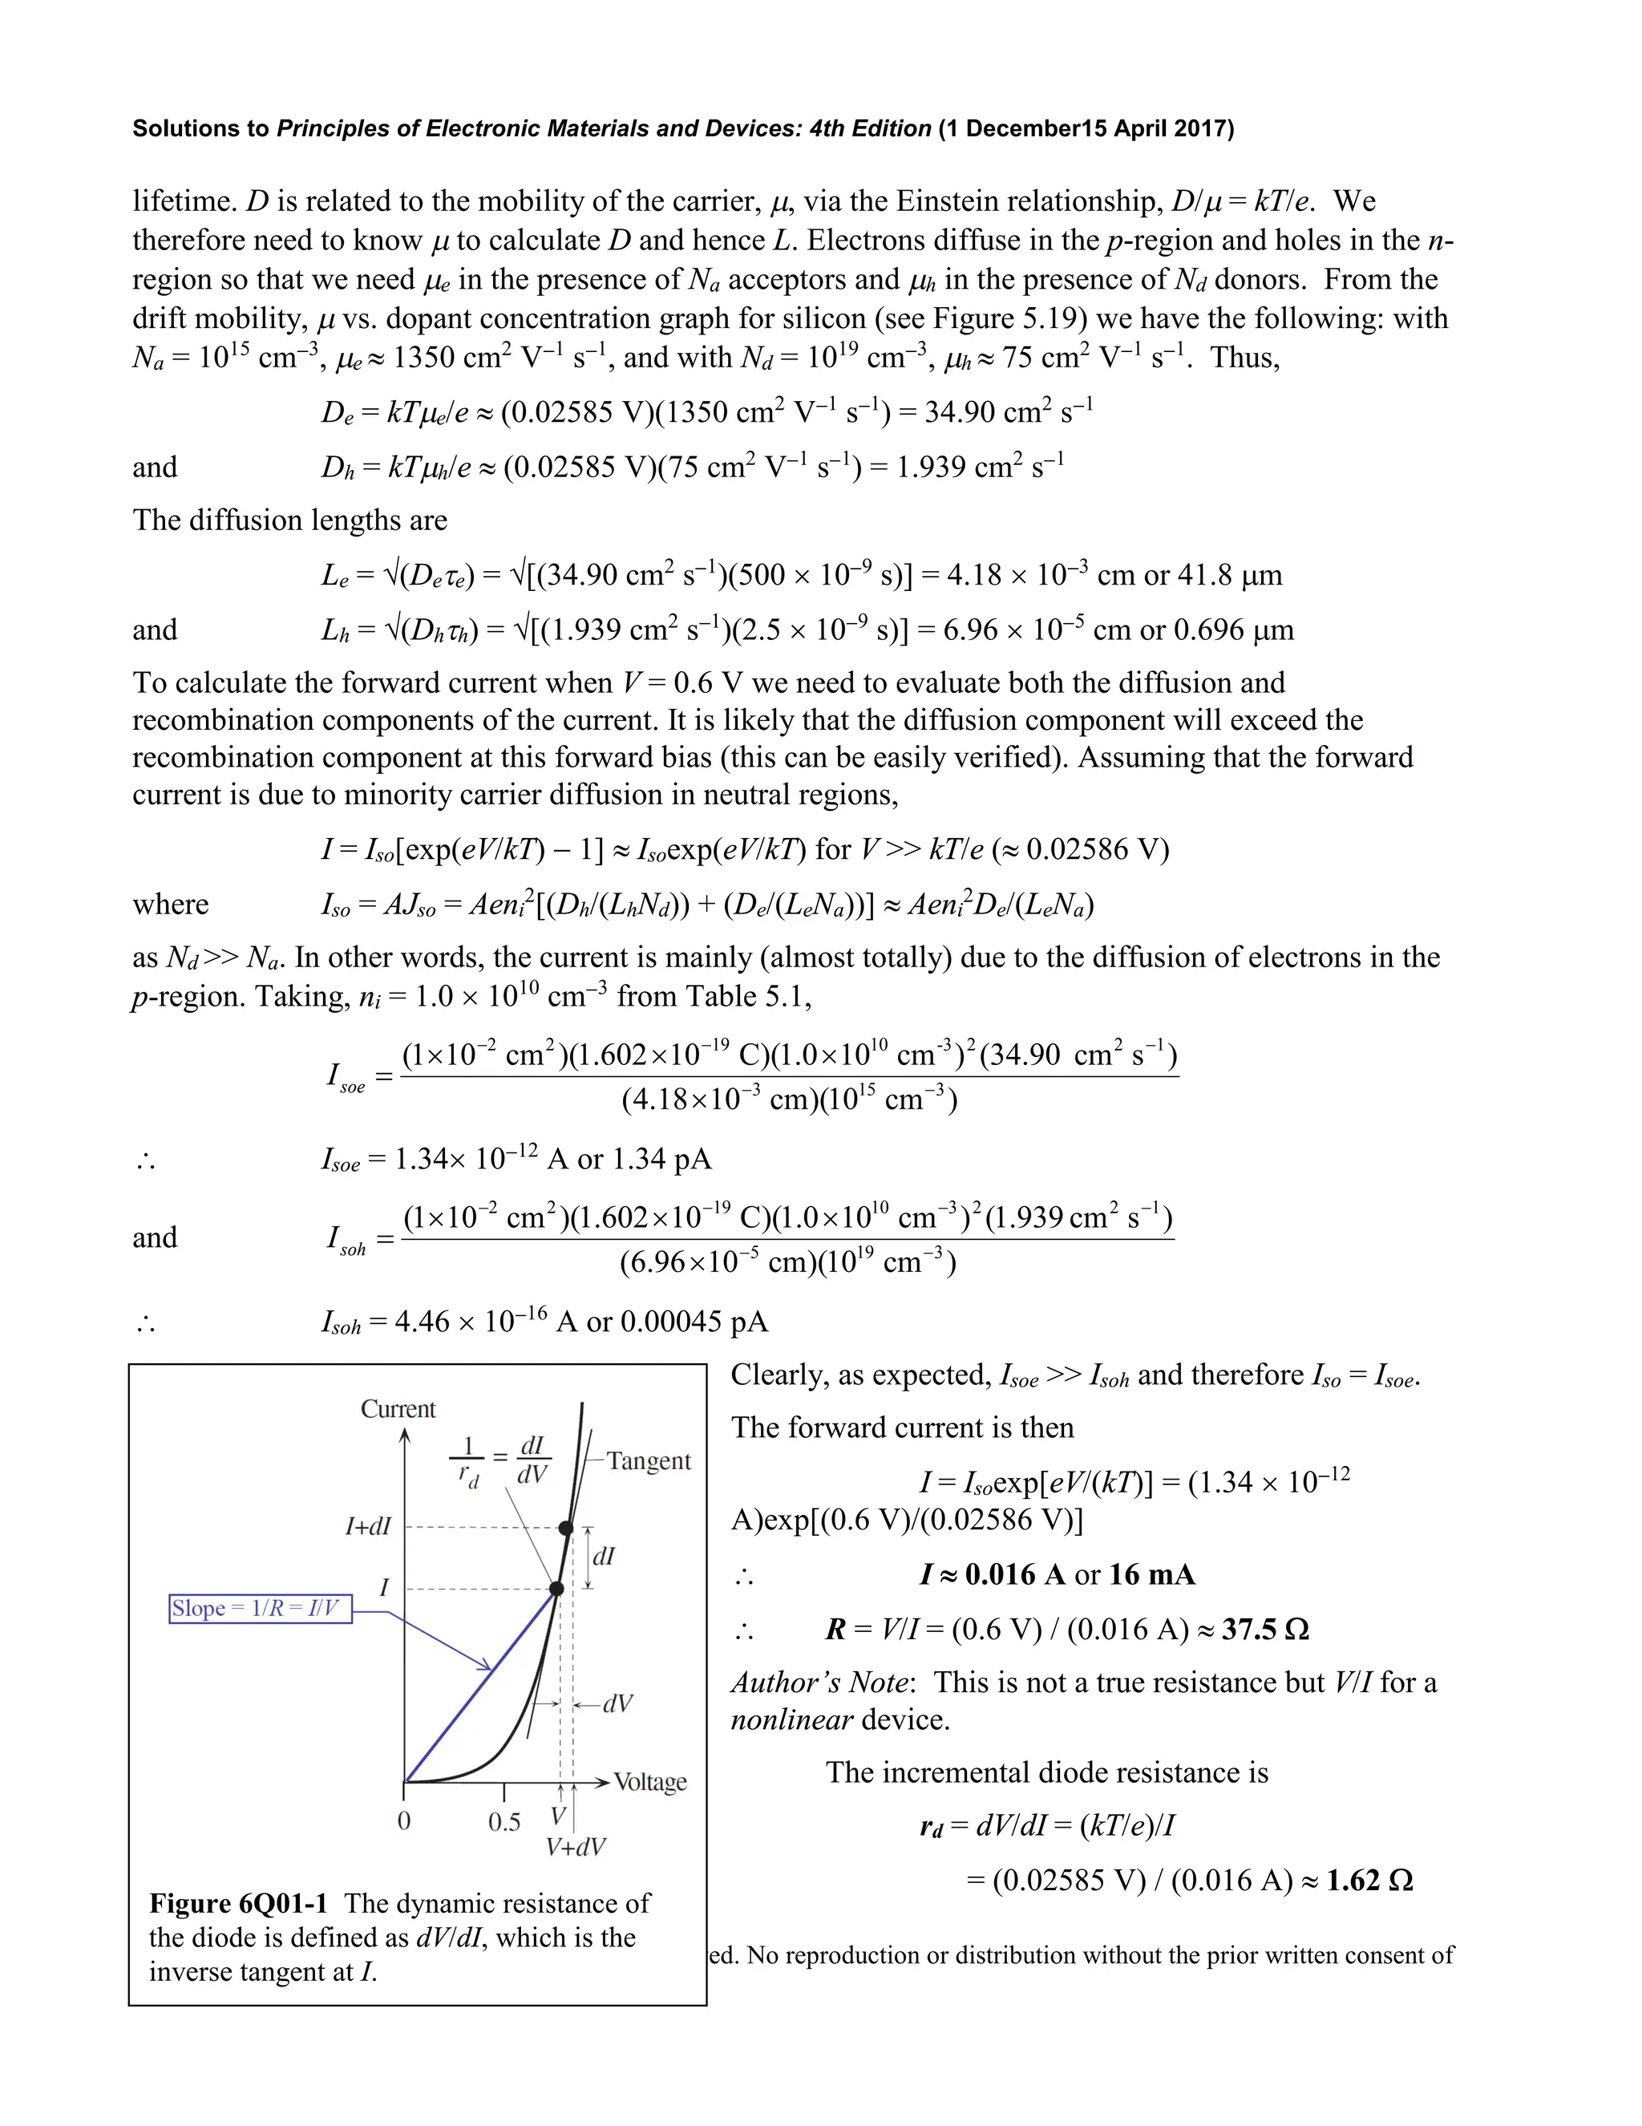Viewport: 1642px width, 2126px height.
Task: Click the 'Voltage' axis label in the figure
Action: point(649,1781)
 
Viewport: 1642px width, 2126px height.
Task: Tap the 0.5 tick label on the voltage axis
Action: point(504,1821)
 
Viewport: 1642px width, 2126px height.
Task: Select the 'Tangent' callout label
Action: point(649,1460)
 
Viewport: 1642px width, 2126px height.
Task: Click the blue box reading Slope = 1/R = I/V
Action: point(260,1608)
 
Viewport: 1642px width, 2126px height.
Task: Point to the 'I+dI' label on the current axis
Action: point(368,1526)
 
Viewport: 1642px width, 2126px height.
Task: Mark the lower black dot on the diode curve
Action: point(556,1589)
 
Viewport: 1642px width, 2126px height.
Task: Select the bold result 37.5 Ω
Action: point(1264,1629)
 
